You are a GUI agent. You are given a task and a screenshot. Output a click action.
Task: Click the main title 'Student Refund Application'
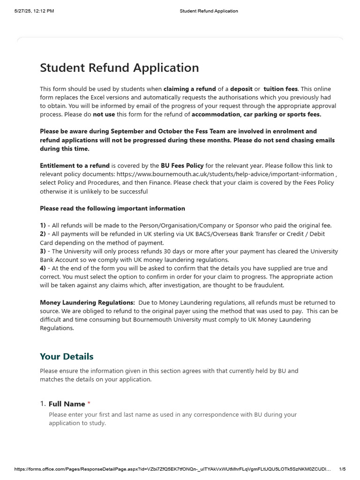119,68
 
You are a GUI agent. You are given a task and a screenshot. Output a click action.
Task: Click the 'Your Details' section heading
67,356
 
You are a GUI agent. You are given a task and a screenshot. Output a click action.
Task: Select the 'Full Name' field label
67,404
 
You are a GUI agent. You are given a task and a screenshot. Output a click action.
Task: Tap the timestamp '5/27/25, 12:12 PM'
34,11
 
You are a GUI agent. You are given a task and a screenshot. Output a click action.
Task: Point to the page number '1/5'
342,469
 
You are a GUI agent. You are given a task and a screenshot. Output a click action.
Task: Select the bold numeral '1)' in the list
43,225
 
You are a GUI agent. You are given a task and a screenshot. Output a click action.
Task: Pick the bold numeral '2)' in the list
43,234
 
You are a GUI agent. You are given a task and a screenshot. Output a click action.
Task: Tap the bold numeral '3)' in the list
43,251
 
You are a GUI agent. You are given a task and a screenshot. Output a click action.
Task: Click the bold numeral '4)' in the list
43,268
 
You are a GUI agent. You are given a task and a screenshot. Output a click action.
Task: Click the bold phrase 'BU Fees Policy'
182,165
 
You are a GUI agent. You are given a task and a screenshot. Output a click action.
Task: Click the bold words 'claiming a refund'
190,89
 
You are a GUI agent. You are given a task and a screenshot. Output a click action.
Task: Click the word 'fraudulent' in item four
267,285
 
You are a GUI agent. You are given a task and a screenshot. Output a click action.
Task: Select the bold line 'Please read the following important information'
112,208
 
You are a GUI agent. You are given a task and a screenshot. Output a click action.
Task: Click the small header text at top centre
209,11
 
